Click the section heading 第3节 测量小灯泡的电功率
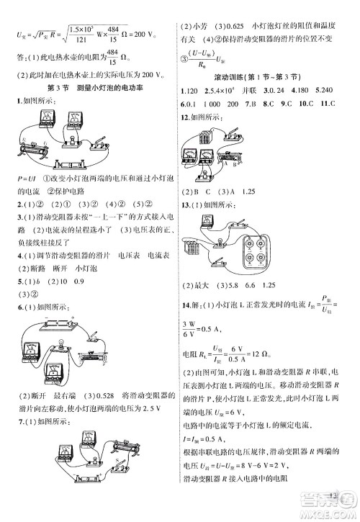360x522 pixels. click(x=91, y=87)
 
